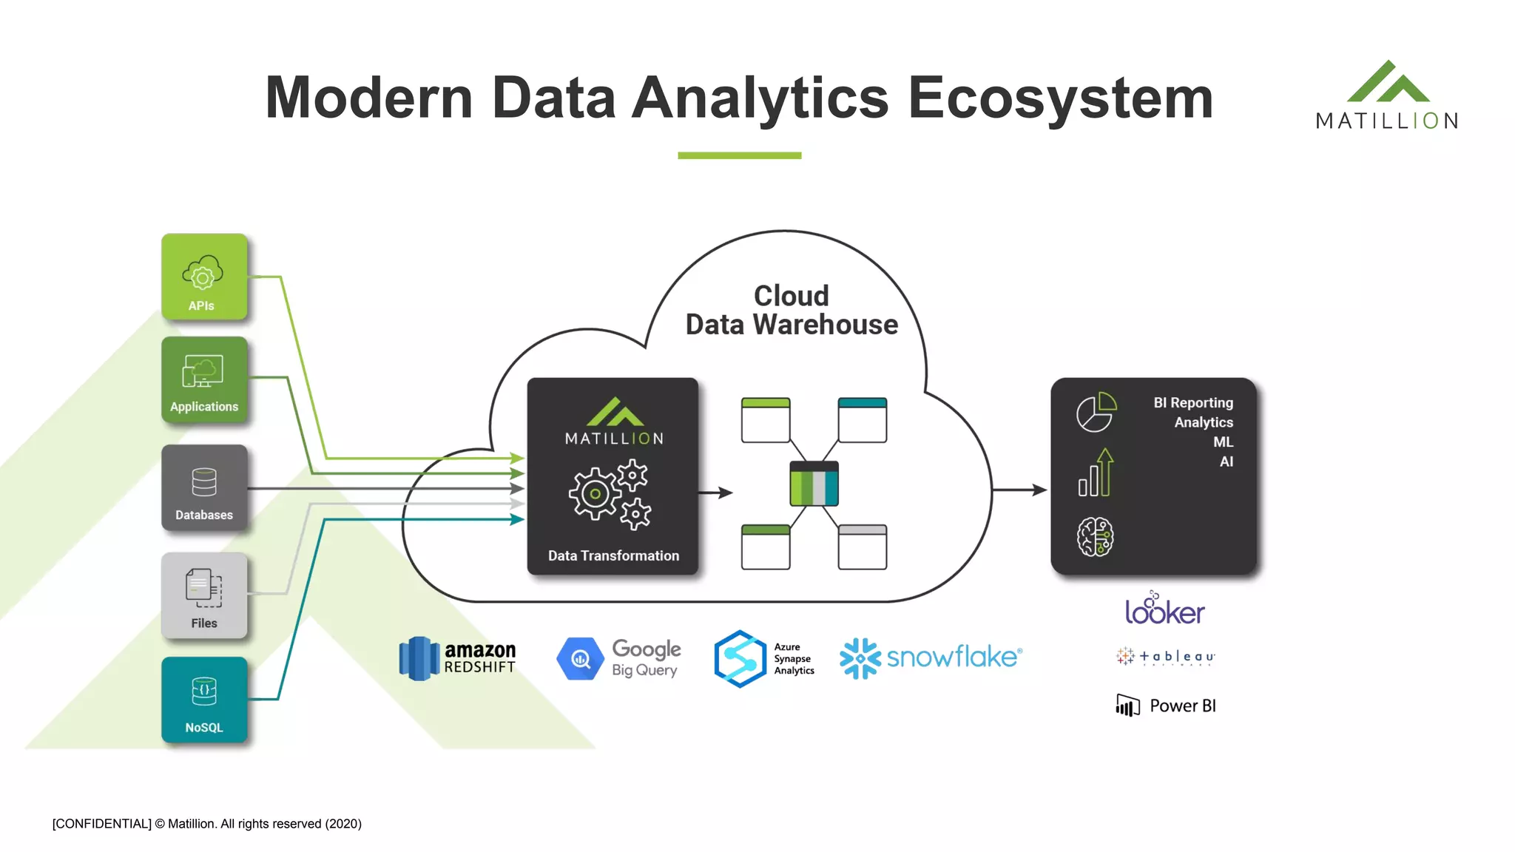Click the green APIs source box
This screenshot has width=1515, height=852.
pyautogui.click(x=204, y=277)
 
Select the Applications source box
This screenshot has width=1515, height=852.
pyautogui.click(x=204, y=379)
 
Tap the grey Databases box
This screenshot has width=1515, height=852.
pyautogui.click(x=204, y=487)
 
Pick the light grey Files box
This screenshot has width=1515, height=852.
pyautogui.click(x=204, y=595)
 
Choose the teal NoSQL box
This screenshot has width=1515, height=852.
pyautogui.click(x=204, y=699)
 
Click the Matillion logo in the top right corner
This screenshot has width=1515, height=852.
pyautogui.click(x=1387, y=96)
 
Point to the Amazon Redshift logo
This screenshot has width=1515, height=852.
pyautogui.click(x=457, y=658)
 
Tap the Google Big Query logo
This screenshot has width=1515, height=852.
pyautogui.click(x=618, y=658)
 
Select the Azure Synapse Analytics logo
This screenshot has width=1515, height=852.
pyautogui.click(x=764, y=658)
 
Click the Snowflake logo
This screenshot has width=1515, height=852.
pyautogui.click(x=931, y=657)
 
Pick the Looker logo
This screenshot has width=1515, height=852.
pyautogui.click(x=1164, y=609)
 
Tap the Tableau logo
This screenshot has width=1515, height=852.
pyautogui.click(x=1165, y=657)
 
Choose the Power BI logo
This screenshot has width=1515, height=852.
pyautogui.click(x=1166, y=706)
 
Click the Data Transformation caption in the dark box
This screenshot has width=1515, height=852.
pyautogui.click(x=613, y=555)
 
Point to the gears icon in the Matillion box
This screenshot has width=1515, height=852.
pyautogui.click(x=610, y=495)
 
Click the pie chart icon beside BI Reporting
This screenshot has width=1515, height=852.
pyautogui.click(x=1096, y=412)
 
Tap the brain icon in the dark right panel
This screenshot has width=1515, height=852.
pyautogui.click(x=1095, y=536)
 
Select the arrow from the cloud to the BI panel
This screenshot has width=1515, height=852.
pyautogui.click(x=1019, y=490)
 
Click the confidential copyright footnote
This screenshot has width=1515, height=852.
pyautogui.click(x=207, y=824)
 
